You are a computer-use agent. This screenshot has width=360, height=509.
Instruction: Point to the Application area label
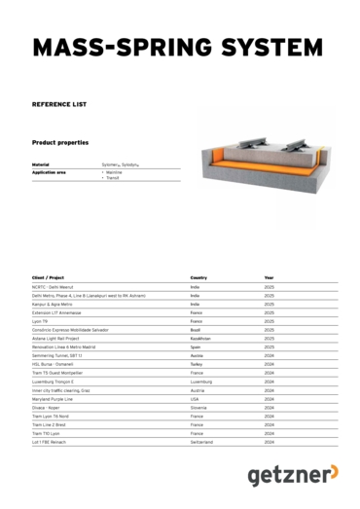click(x=49, y=172)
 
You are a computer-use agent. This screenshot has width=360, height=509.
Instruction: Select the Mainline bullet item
click(x=114, y=172)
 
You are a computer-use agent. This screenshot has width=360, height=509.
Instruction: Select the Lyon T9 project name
click(x=40, y=319)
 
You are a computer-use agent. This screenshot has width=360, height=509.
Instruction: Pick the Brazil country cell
click(x=196, y=329)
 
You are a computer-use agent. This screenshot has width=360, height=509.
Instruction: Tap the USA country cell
click(x=195, y=399)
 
